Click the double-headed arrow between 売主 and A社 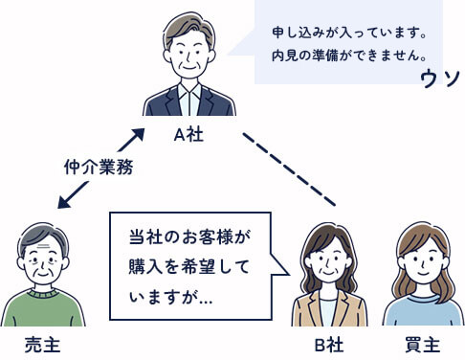pos(100,167)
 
